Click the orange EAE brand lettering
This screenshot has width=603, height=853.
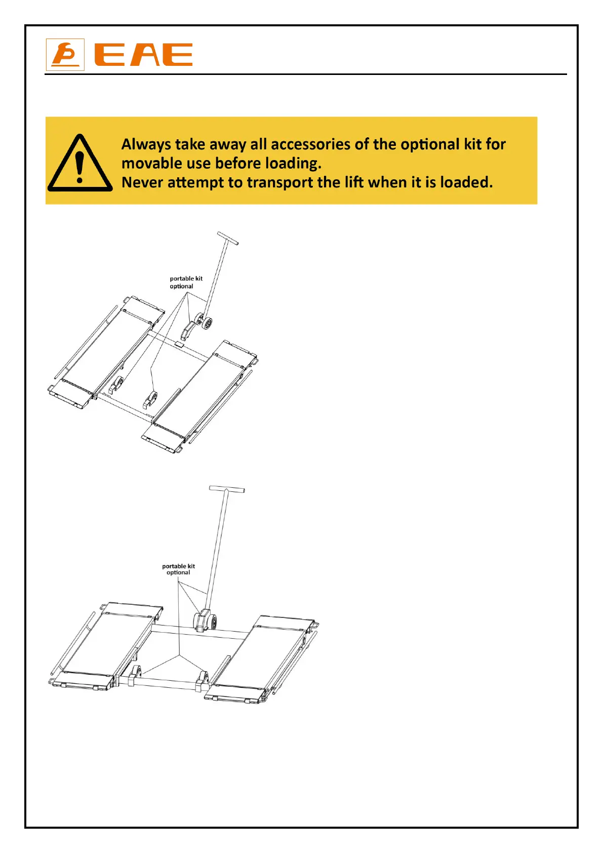[x=144, y=55]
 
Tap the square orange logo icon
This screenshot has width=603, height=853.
[x=65, y=55]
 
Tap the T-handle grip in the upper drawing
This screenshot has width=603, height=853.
[x=228, y=238]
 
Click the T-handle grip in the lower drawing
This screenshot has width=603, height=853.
[x=227, y=489]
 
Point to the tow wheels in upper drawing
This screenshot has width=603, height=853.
[x=205, y=323]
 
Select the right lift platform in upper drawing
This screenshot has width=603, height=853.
[x=203, y=390]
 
